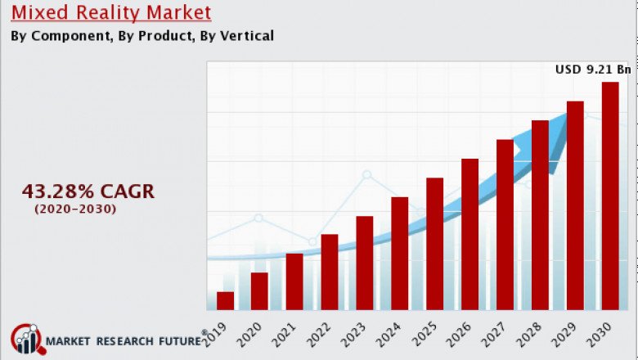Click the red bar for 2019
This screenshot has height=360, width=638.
[x=225, y=300]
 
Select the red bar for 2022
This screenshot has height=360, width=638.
[x=330, y=272]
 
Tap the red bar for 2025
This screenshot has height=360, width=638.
[x=434, y=243]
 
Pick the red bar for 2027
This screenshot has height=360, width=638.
[x=505, y=224]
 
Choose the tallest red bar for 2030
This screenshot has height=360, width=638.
[x=610, y=196]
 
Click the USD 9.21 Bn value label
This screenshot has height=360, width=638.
[x=593, y=70]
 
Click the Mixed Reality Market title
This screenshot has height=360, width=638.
[x=111, y=12]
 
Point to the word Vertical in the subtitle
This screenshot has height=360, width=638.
[x=245, y=35]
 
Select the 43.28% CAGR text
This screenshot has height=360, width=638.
[x=88, y=191]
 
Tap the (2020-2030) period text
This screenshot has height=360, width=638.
[x=75, y=209]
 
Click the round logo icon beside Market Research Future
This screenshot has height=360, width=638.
[x=25, y=340]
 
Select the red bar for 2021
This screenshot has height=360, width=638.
[x=294, y=281]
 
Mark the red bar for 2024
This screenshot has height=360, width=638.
[x=399, y=253]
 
